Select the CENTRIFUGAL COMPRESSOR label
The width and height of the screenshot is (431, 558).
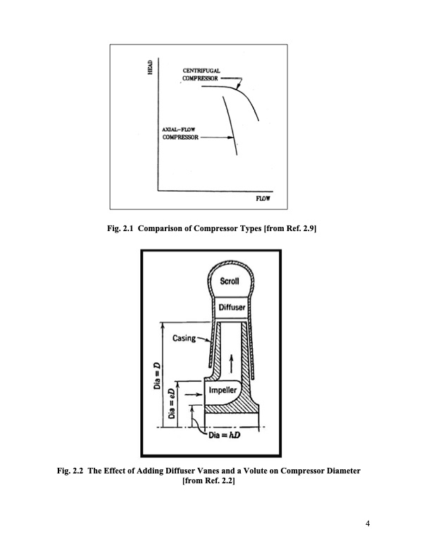click(201, 75)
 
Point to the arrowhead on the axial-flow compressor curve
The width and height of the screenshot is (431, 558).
click(235, 139)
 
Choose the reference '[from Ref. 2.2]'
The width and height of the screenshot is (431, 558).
click(208, 480)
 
